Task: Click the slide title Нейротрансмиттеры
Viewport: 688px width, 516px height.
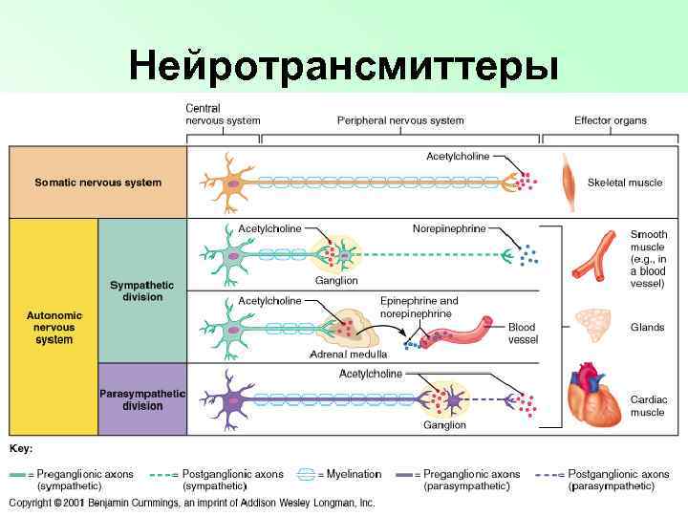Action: click(x=344, y=67)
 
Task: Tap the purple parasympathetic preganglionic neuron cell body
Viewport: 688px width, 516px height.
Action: click(x=231, y=399)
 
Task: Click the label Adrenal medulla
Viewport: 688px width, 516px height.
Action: click(x=348, y=355)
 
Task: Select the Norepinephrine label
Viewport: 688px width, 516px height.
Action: click(x=449, y=228)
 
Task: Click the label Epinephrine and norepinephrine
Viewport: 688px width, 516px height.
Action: click(x=419, y=307)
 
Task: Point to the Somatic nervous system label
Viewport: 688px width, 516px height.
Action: click(x=98, y=183)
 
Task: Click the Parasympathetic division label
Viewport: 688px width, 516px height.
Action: click(x=142, y=399)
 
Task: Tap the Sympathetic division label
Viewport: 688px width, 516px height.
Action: click(x=142, y=290)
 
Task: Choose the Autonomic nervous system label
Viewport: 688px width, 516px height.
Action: click(x=54, y=327)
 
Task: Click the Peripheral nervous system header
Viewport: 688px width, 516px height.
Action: click(x=400, y=120)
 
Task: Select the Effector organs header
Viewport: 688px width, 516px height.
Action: click(x=610, y=120)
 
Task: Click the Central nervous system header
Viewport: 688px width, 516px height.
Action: click(x=222, y=115)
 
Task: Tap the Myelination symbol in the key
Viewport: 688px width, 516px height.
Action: click(x=306, y=474)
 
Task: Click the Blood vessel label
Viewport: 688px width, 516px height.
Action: click(x=523, y=333)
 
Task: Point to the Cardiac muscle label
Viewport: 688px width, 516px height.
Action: click(x=648, y=406)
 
